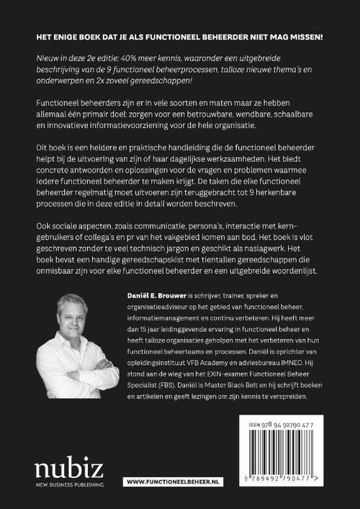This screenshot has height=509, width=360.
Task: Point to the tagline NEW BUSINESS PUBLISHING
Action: [x=68, y=485]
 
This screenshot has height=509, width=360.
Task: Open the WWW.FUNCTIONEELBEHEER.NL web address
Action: [x=168, y=479]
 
